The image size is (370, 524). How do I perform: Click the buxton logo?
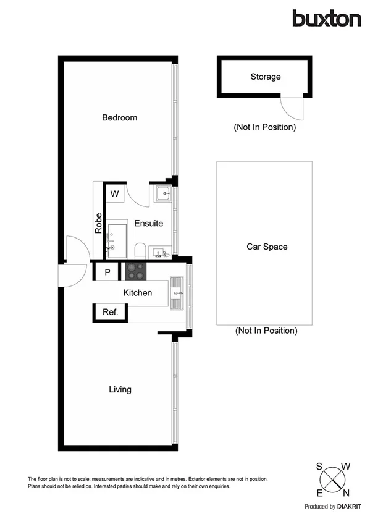coord(326,19)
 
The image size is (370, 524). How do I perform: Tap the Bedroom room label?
coord(120,117)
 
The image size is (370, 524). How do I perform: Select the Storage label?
coord(266,77)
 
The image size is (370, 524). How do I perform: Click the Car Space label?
coord(267,247)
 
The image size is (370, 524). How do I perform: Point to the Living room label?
coord(120,389)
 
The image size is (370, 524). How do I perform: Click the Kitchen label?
coord(137,292)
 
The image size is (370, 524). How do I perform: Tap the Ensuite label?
coord(148,223)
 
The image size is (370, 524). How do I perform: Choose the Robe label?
coord(98,222)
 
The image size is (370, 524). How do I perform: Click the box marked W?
coord(114,194)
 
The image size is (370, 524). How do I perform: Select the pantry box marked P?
coord(107,272)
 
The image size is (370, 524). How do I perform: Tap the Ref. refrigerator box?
coord(110,312)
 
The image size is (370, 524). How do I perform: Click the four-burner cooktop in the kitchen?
coord(136,271)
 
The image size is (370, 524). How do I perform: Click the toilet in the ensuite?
coord(140,250)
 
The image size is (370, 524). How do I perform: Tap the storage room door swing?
coord(292,109)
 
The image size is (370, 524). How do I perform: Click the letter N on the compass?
coord(346,492)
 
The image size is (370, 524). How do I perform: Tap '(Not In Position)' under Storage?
coord(264,127)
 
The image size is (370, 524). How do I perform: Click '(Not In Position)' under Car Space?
coord(266,331)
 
